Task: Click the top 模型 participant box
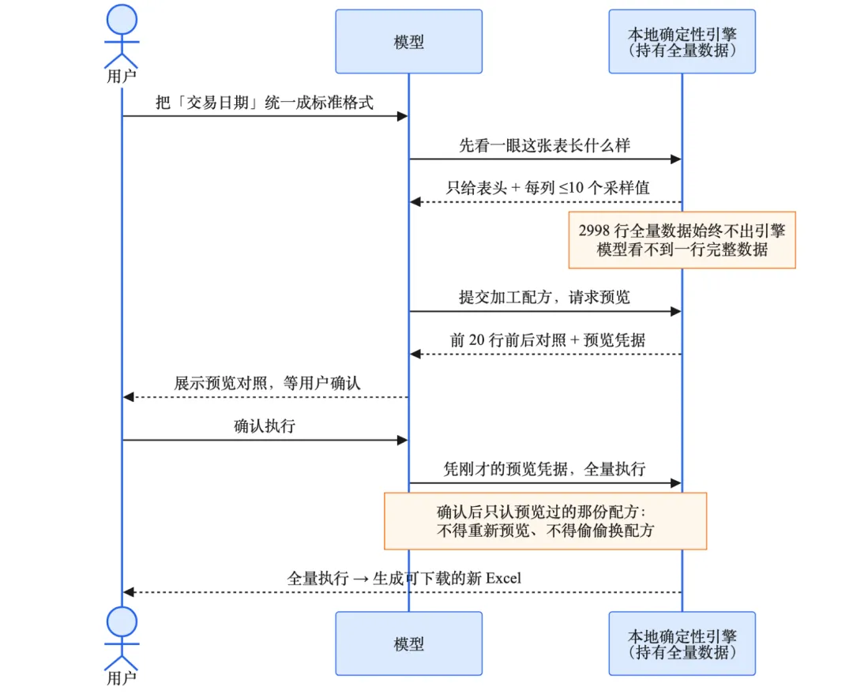tap(408, 41)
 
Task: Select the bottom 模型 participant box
tap(408, 643)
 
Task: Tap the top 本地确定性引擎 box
tap(682, 41)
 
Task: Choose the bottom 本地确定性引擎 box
tap(682, 643)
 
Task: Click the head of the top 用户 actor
tap(122, 20)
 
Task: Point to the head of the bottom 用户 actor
tap(122, 621)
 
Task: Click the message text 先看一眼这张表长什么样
tap(544, 145)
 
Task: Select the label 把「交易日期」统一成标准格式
tap(265, 103)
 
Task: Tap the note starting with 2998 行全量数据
tap(682, 240)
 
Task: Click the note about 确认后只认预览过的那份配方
tap(545, 521)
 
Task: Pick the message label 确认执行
tap(265, 426)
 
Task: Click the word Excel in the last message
tap(503, 578)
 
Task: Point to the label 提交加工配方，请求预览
tap(544, 297)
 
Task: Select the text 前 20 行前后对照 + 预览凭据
tap(547, 340)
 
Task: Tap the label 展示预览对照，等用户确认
tap(267, 383)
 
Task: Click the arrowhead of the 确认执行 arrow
tap(403, 440)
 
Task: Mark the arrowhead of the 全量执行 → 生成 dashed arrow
tap(129, 591)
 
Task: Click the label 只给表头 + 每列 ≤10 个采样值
tap(548, 188)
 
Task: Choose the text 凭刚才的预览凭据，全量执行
tap(544, 469)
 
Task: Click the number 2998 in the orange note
tap(594, 231)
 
